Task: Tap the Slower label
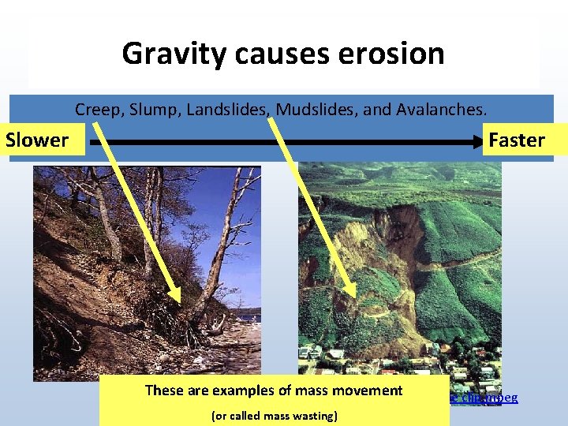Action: pyautogui.click(x=37, y=140)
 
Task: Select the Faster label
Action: pyautogui.click(x=517, y=140)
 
